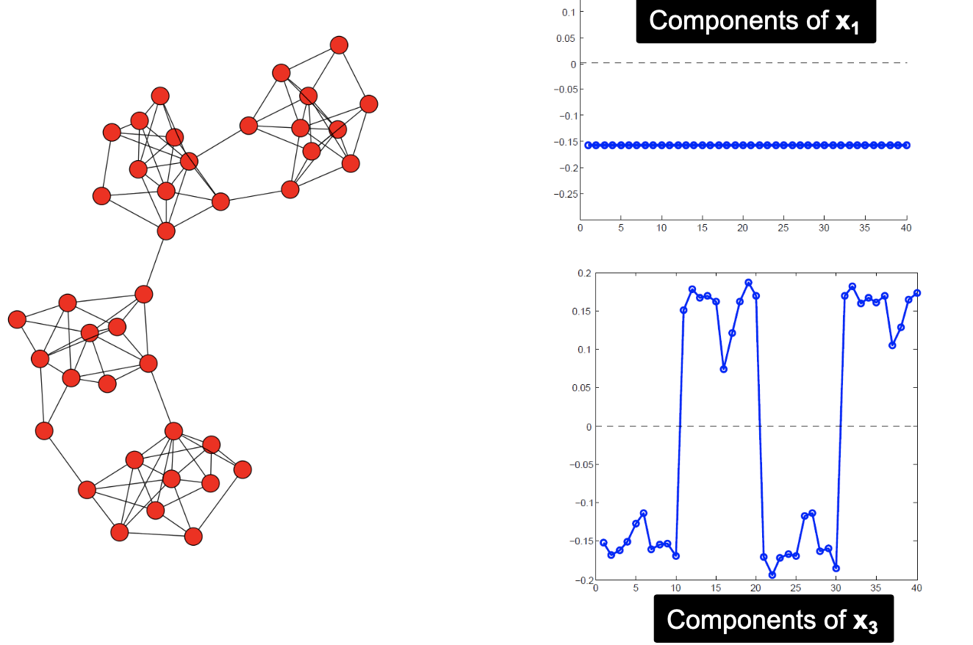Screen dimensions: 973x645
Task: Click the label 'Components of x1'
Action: [x=755, y=21]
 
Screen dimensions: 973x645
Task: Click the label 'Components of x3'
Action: [x=773, y=619]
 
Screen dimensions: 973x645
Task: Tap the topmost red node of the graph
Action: [x=339, y=46]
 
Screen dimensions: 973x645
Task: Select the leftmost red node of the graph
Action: [x=17, y=320]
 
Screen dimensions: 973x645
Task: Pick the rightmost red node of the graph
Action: [x=369, y=104]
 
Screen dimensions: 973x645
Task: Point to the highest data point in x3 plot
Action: [x=748, y=283]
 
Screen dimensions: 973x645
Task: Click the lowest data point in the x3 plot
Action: [x=772, y=575]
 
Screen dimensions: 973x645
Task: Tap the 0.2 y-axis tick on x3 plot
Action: [x=584, y=273]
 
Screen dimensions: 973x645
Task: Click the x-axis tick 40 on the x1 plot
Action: [x=906, y=228]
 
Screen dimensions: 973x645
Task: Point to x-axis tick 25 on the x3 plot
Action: [x=796, y=588]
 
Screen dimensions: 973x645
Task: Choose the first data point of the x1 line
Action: [x=588, y=145]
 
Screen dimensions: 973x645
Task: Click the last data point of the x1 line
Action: [x=906, y=145]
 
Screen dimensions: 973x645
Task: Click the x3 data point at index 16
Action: [x=724, y=369]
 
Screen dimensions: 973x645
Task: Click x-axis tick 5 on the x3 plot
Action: [x=635, y=588]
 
